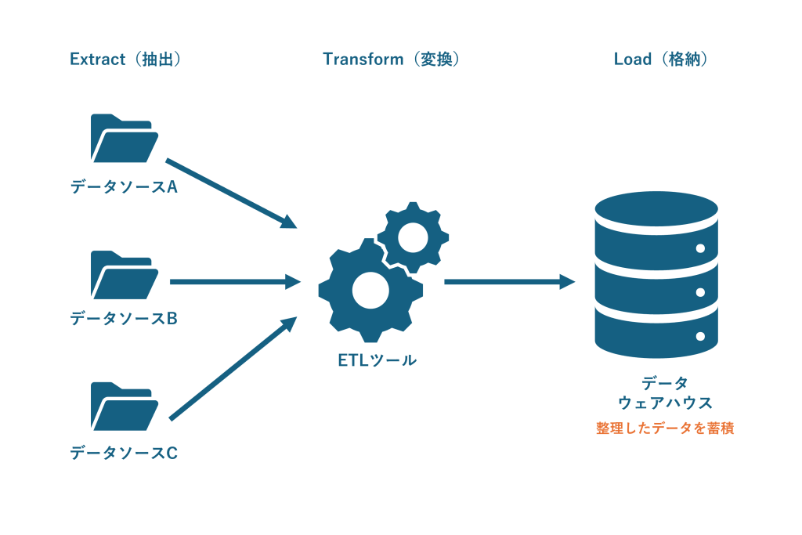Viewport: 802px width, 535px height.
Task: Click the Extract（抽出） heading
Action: pyautogui.click(x=125, y=60)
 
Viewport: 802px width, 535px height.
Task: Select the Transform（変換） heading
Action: pyautogui.click(x=392, y=60)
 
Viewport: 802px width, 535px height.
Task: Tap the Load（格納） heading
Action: pyautogui.click(x=661, y=60)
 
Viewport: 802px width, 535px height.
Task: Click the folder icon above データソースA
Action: pyautogui.click(x=125, y=138)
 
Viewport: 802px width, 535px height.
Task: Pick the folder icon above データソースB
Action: pyautogui.click(x=125, y=275)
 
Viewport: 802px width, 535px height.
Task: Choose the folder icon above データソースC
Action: pyautogui.click(x=125, y=407)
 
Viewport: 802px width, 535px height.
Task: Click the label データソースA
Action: pyautogui.click(x=124, y=186)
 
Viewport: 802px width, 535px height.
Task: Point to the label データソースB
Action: pyautogui.click(x=124, y=319)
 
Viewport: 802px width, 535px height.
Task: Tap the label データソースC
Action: pyautogui.click(x=124, y=453)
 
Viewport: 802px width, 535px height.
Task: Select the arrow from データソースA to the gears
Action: pyautogui.click(x=231, y=193)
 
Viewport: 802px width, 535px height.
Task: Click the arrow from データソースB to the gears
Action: pyautogui.click(x=235, y=281)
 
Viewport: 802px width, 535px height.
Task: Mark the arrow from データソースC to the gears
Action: pyautogui.click(x=233, y=368)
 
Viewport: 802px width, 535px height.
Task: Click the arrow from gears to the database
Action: pyautogui.click(x=510, y=281)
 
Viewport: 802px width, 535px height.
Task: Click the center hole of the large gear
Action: pyautogui.click(x=370, y=291)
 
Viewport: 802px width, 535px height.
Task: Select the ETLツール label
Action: pyautogui.click(x=378, y=360)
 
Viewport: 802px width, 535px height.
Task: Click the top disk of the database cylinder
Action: pyautogui.click(x=657, y=208)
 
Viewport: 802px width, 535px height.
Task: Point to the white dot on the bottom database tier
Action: pyautogui.click(x=701, y=337)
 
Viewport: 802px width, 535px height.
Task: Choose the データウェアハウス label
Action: pyautogui.click(x=665, y=392)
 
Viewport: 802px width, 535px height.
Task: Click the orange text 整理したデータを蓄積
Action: pyautogui.click(x=665, y=428)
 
